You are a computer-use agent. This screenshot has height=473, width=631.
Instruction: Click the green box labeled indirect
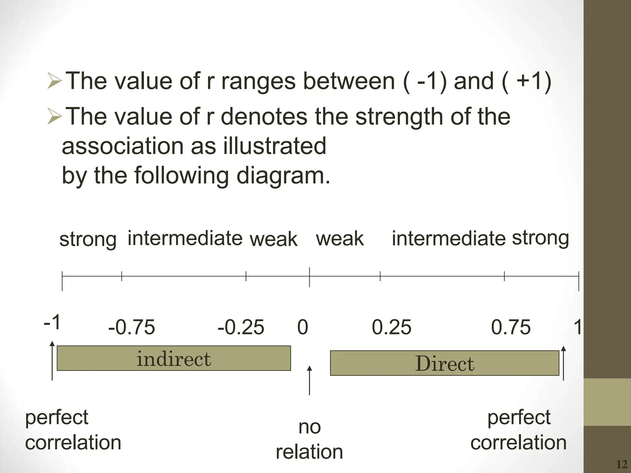point(174,358)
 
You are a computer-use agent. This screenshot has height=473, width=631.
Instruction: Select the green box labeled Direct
point(444,363)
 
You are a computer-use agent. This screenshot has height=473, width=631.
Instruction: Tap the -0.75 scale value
point(132,327)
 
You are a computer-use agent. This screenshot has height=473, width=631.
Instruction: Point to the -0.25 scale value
point(241,327)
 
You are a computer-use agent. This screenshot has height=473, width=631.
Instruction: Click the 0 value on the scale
point(303,327)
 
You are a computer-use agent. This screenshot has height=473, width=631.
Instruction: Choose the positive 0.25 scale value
point(391,327)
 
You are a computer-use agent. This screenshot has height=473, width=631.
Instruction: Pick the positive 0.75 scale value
point(511,327)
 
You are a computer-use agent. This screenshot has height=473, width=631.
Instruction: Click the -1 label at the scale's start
point(52,323)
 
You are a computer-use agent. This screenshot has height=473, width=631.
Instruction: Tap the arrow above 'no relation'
point(309,380)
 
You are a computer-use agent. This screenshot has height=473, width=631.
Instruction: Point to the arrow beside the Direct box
point(564,363)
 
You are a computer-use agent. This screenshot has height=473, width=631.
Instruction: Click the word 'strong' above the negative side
point(88,240)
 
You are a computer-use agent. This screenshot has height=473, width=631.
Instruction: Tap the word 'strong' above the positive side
point(540,238)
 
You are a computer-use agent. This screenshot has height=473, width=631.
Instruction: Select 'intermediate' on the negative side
point(185,238)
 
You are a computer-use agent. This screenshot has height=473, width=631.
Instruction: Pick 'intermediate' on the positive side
point(449,239)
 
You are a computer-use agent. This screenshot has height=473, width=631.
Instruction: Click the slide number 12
point(622,464)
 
